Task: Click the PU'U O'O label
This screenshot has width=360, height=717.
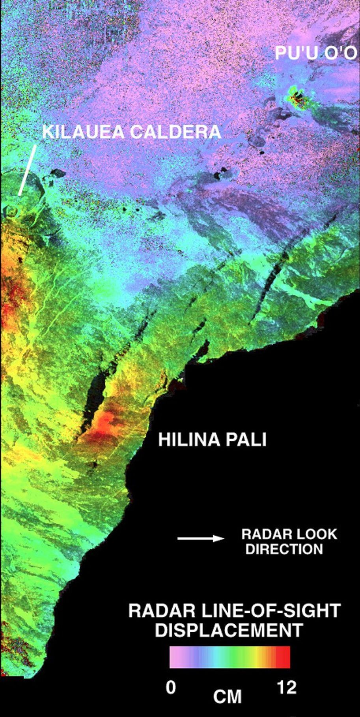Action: coord(315,53)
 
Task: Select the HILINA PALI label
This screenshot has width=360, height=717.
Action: coord(212,439)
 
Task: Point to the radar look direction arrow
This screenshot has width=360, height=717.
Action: coord(200,538)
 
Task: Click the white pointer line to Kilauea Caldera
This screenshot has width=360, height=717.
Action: coord(27,170)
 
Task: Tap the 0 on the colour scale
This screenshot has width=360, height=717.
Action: coord(171,687)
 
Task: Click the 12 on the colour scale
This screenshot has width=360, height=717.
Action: coord(287,687)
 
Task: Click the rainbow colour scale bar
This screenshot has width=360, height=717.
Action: coord(230,657)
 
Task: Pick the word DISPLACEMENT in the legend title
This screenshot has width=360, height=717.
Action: coord(229,630)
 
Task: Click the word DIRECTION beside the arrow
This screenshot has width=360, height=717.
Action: coord(284,549)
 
